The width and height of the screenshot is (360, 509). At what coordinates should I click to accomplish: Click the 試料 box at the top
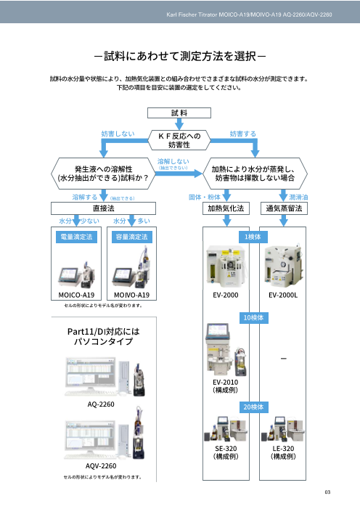pos(180,113)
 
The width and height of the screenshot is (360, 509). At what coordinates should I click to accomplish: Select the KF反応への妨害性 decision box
pos(179,139)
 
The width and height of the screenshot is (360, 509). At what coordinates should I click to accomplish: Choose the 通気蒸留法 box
pos(284,208)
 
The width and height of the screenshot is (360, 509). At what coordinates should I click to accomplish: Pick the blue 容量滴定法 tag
pos(131,237)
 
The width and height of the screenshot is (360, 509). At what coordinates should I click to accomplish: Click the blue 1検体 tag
pos(254,236)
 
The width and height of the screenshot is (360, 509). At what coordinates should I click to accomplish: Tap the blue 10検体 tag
pos(254,317)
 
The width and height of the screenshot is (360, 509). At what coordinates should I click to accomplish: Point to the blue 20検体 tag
pos(254,406)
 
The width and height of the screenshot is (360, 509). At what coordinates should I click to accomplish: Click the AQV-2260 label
pos(102,465)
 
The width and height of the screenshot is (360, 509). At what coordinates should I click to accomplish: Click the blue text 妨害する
pos(242,134)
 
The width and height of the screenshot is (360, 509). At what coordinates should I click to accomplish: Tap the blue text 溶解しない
pos(173,160)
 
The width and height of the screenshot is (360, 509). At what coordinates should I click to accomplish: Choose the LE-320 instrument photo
pos(283,428)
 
